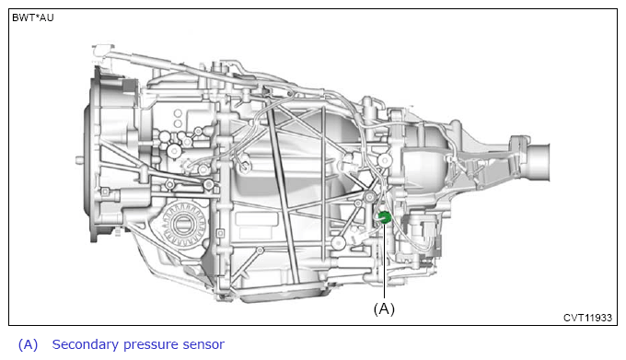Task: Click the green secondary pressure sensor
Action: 385,217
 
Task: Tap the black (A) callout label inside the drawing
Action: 384,309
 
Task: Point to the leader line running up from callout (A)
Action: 385,261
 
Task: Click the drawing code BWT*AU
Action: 33,18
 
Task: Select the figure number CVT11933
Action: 587,318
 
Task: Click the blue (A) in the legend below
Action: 28,345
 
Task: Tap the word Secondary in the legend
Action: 85,344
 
